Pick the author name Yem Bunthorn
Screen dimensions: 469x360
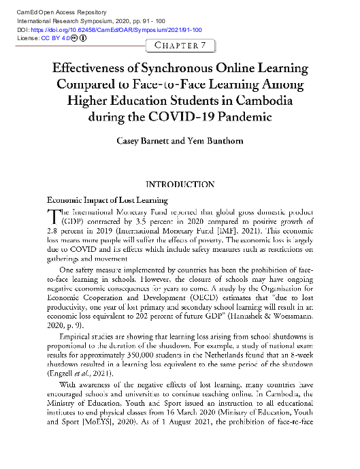(212, 142)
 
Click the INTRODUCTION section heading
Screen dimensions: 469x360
(180, 184)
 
